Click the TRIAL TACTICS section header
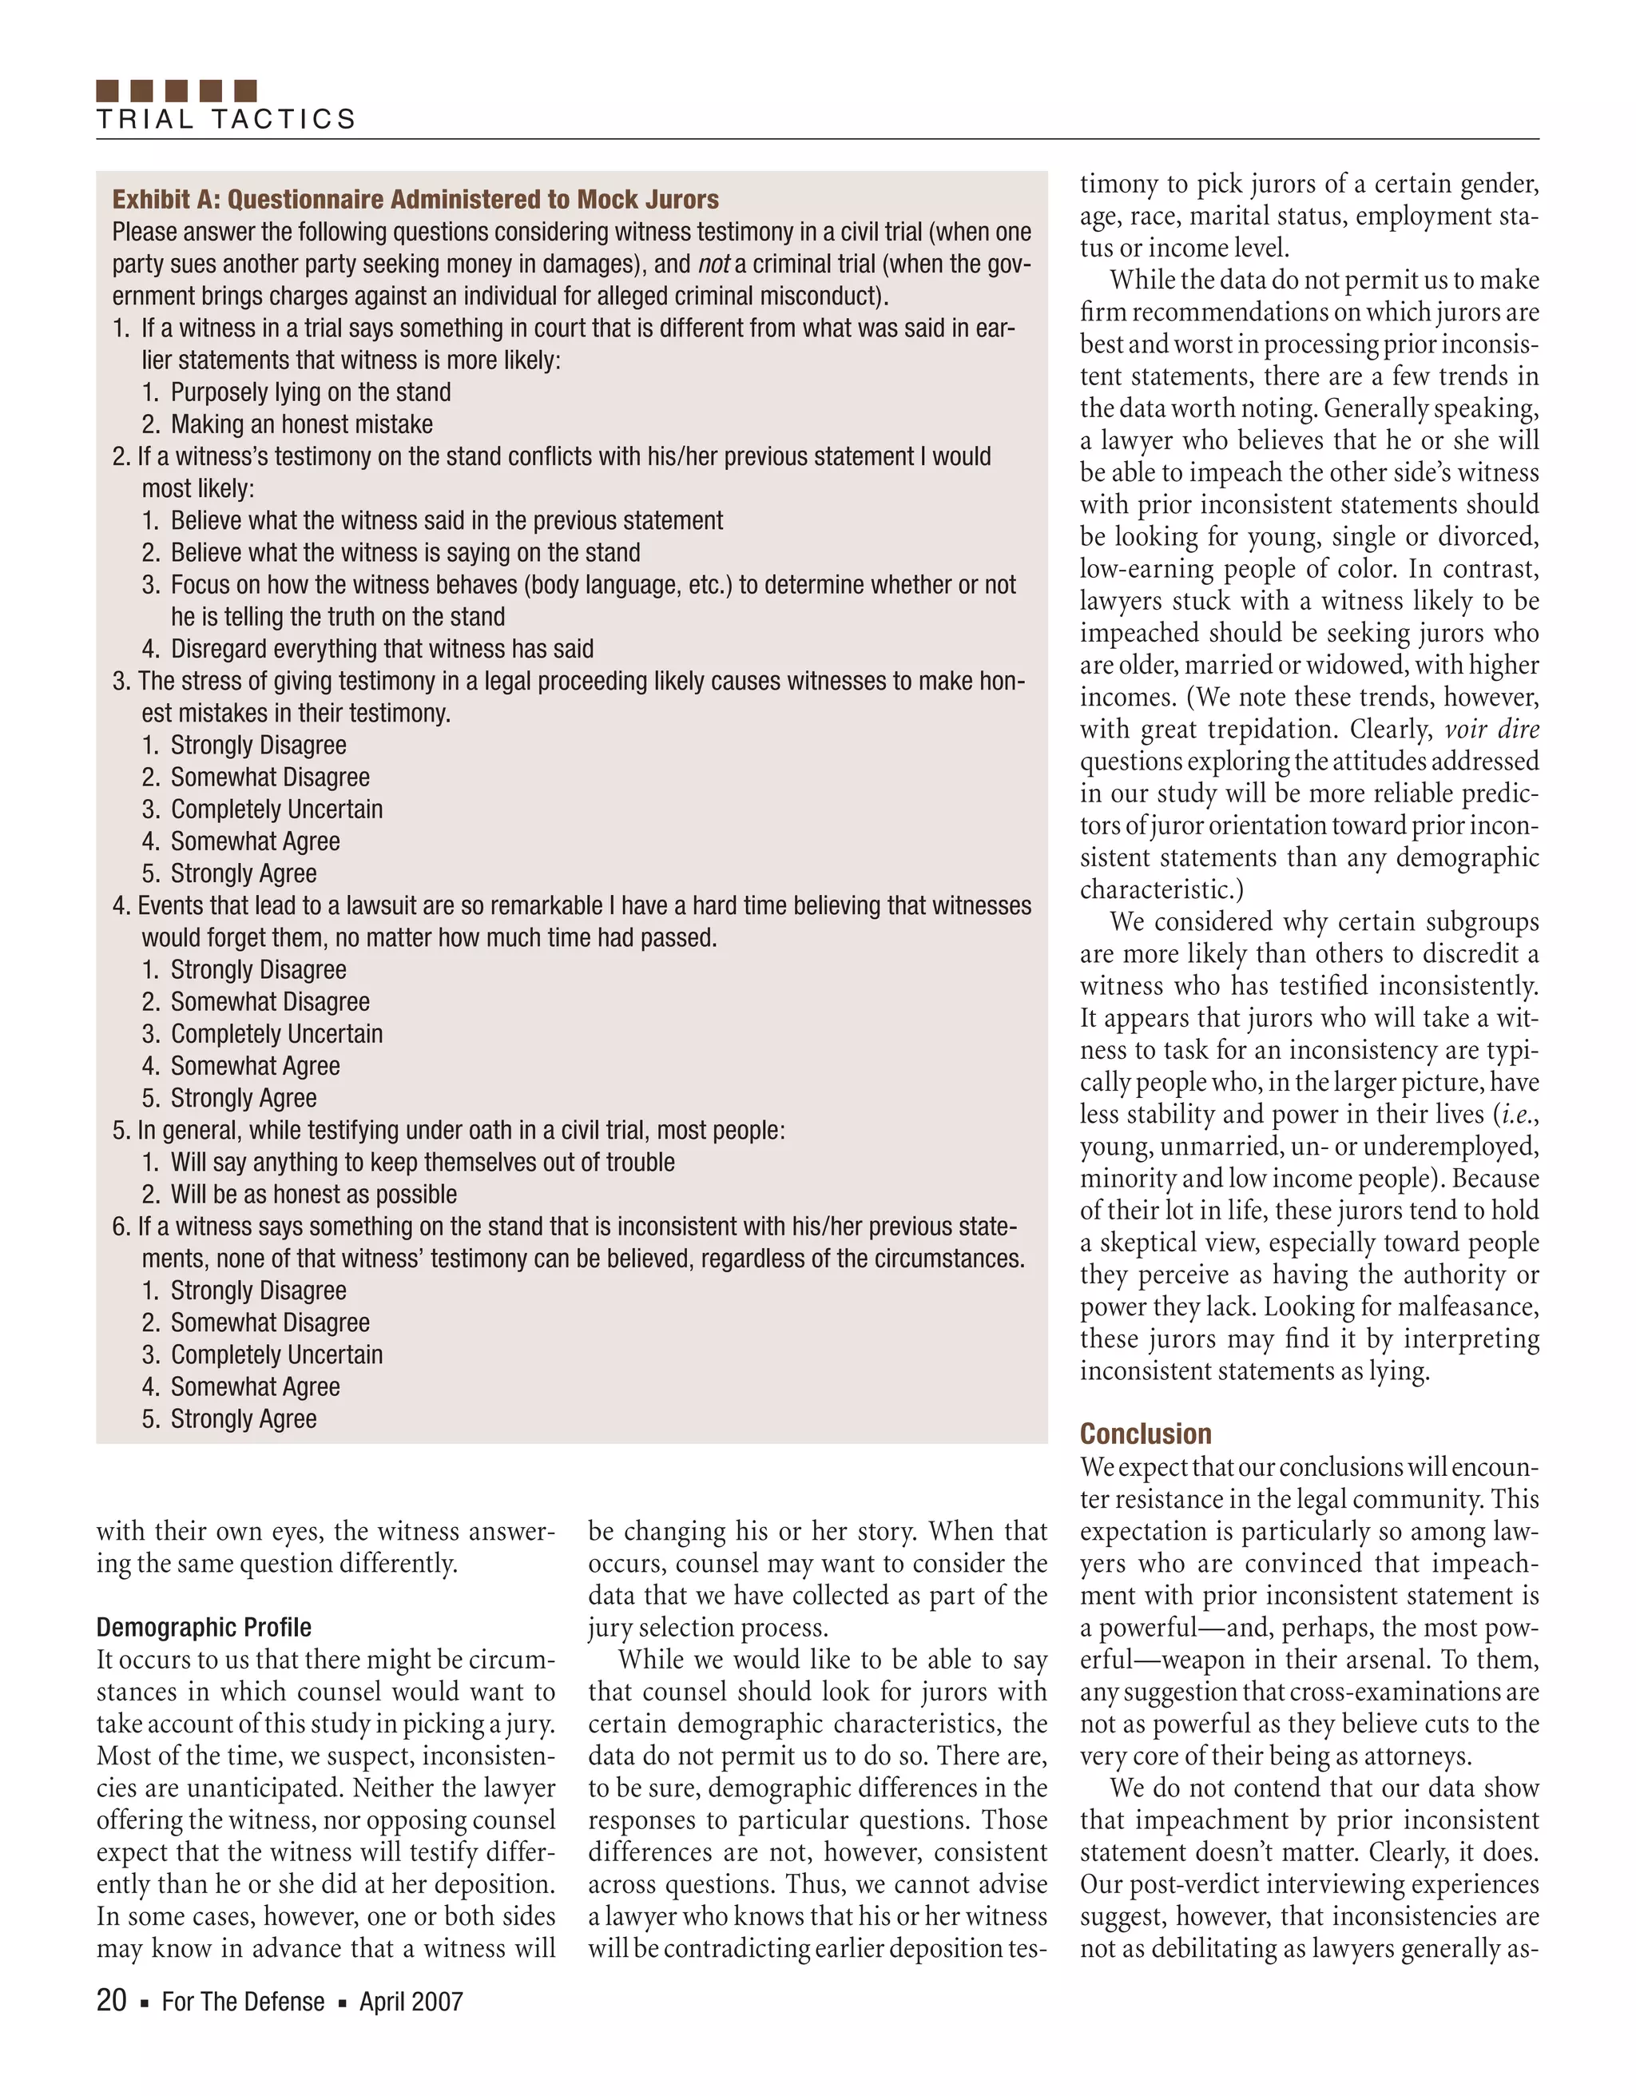pyautogui.click(x=226, y=119)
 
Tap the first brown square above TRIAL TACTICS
pyautogui.click(x=108, y=90)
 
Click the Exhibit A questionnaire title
pyautogui.click(x=415, y=200)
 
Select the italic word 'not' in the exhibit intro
pyautogui.click(x=713, y=264)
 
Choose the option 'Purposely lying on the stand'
pyautogui.click(x=310, y=392)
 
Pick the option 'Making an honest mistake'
pyautogui.click(x=301, y=424)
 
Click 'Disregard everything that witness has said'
pyautogui.click(x=382, y=649)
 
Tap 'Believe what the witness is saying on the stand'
pyautogui.click(x=405, y=553)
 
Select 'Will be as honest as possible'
pyautogui.click(x=314, y=1194)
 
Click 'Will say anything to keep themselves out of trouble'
pyautogui.click(x=423, y=1162)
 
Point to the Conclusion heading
pyautogui.click(x=1146, y=1434)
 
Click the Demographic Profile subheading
pyautogui.click(x=204, y=1628)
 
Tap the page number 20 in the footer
pyautogui.click(x=111, y=2001)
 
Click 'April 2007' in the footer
pyautogui.click(x=411, y=2002)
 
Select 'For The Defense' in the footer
pyautogui.click(x=243, y=2002)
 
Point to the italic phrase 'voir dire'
pyautogui.click(x=1491, y=730)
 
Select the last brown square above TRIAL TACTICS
pyautogui.click(x=246, y=90)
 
